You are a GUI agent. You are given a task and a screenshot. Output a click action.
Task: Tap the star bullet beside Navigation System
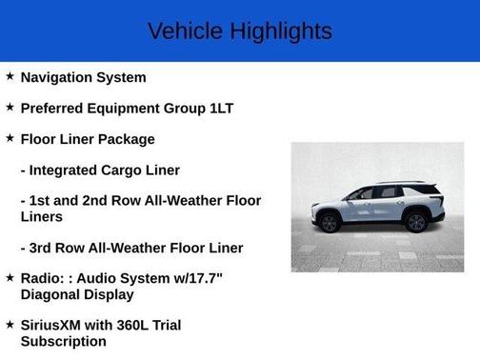click(10, 76)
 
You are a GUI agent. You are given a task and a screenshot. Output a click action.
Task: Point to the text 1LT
click(221, 108)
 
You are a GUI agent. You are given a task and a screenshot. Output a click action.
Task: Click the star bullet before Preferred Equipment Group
click(10, 107)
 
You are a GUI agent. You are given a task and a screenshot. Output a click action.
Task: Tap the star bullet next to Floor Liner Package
click(10, 138)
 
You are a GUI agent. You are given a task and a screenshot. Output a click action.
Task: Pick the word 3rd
click(44, 248)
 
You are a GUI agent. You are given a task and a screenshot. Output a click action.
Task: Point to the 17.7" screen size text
click(239, 278)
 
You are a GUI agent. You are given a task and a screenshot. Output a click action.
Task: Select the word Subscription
click(63, 341)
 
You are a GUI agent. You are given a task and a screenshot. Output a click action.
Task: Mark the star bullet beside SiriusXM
click(10, 324)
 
